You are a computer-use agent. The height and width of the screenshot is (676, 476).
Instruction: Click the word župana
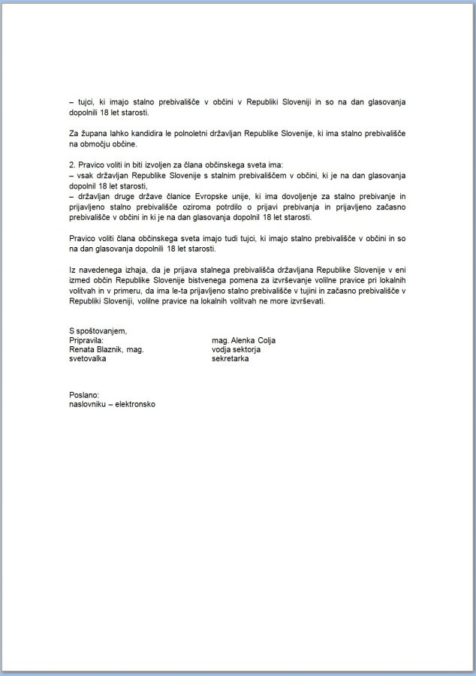pos(90,133)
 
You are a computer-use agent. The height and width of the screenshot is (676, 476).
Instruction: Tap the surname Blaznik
pos(114,349)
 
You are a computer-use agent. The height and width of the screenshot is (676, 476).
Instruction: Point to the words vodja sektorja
pos(235,349)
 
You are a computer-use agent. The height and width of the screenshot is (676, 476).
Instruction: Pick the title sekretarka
pos(230,359)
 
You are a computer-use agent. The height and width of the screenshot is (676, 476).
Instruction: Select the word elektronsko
pos(135,403)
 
